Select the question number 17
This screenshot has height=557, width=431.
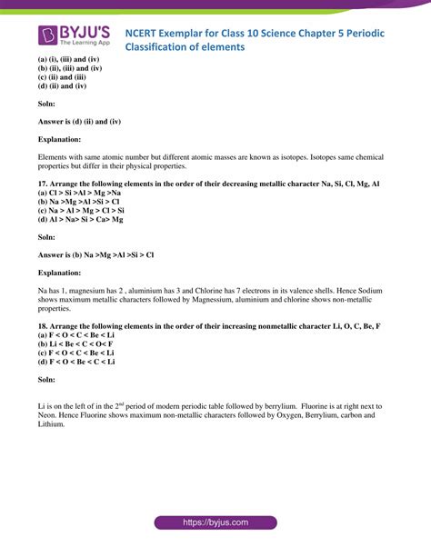(x=43, y=183)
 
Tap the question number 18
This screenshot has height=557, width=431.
(x=43, y=325)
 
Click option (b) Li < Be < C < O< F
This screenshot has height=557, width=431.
(x=75, y=344)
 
